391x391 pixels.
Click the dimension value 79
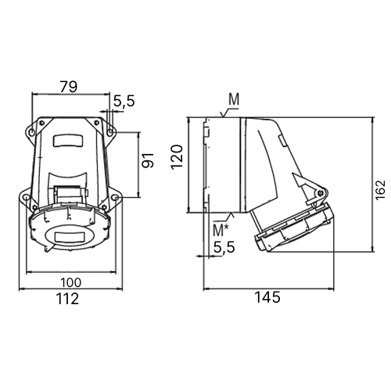[69, 87]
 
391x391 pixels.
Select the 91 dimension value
[148, 160]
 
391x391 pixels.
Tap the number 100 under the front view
[71, 282]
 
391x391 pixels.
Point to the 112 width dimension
[67, 299]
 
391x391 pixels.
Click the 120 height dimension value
[178, 157]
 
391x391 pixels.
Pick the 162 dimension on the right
[380, 190]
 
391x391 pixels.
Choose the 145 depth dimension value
[267, 297]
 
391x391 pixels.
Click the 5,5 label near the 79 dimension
[124, 101]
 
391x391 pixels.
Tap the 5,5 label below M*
[224, 247]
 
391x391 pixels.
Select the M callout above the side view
[234, 99]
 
